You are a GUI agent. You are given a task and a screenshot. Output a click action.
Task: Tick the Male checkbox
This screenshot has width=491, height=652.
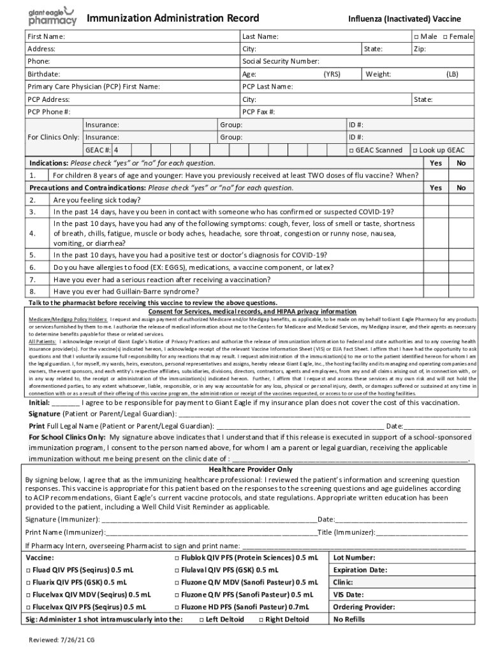click(416, 37)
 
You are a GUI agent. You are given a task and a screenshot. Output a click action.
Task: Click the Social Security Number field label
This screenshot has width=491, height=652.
click(281, 62)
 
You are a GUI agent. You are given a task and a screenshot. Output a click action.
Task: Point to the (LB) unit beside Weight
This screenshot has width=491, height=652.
click(452, 74)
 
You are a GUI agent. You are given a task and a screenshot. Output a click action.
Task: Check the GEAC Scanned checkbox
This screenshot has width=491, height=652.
click(351, 150)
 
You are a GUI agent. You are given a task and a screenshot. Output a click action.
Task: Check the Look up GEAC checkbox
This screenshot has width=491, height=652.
click(415, 150)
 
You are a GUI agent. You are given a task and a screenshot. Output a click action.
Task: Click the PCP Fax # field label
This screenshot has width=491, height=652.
click(259, 112)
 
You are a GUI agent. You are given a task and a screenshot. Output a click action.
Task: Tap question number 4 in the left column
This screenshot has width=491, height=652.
click(33, 234)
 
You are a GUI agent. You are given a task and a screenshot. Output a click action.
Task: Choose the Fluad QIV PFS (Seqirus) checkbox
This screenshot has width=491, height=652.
click(29, 570)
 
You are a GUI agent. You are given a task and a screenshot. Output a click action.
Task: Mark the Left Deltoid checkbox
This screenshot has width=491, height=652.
click(202, 620)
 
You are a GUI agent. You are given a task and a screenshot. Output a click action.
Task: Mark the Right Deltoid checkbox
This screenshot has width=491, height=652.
click(261, 620)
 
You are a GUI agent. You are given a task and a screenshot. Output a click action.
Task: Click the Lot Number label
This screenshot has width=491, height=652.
click(354, 558)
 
